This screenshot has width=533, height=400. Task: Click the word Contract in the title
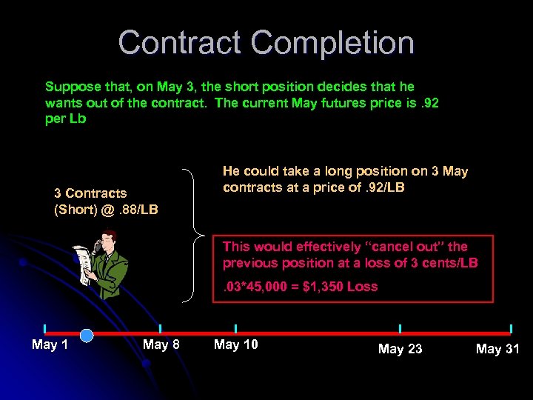tap(180, 43)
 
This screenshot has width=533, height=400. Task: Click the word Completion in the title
tap(332, 43)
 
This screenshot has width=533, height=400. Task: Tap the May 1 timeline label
tap(50, 344)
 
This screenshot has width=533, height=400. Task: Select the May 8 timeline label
tap(161, 344)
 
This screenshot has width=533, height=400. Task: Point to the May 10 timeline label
tap(235, 344)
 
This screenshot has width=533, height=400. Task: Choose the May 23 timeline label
tap(400, 348)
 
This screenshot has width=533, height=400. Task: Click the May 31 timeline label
tap(497, 348)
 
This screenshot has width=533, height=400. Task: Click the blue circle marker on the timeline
tap(86, 335)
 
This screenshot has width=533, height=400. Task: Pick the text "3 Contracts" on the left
tap(90, 193)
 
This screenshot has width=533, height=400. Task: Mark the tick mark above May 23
tap(400, 328)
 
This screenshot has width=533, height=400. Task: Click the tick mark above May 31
tap(511, 328)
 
